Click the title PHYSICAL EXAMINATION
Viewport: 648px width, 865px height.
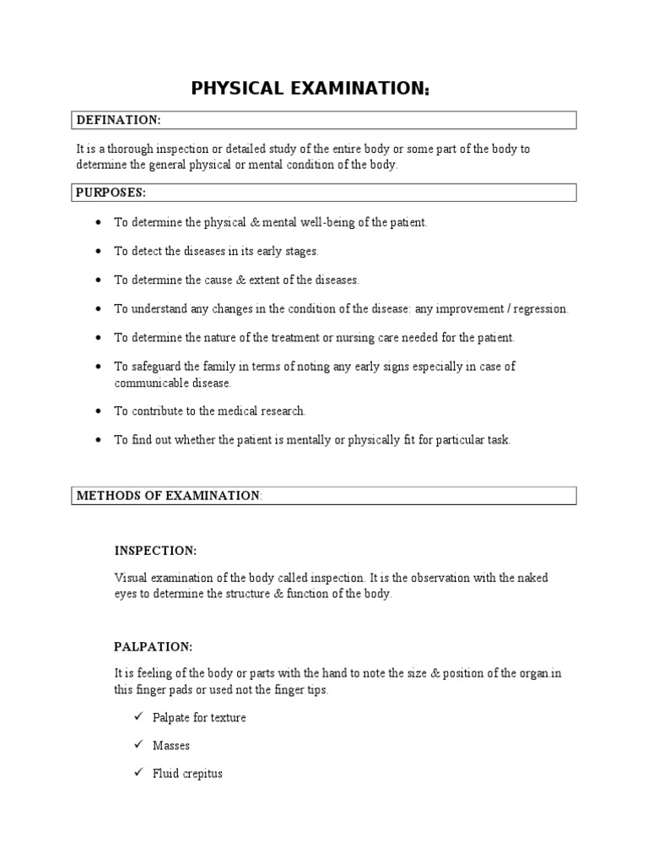point(310,89)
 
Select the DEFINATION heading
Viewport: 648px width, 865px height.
point(118,120)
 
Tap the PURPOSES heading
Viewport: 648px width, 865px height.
point(111,193)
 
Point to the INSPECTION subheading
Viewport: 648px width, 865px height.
point(155,551)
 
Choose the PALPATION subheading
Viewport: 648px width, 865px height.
point(154,647)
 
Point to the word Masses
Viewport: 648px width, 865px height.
point(171,746)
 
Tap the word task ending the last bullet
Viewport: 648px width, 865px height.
point(497,440)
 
